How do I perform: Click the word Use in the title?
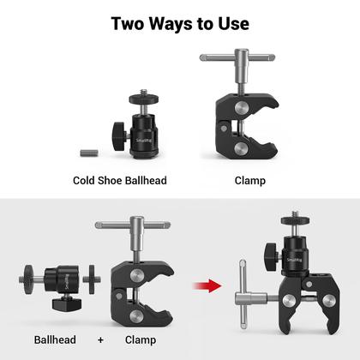pos(231,23)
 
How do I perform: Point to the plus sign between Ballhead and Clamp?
pos(100,340)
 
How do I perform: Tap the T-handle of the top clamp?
pos(226,61)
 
